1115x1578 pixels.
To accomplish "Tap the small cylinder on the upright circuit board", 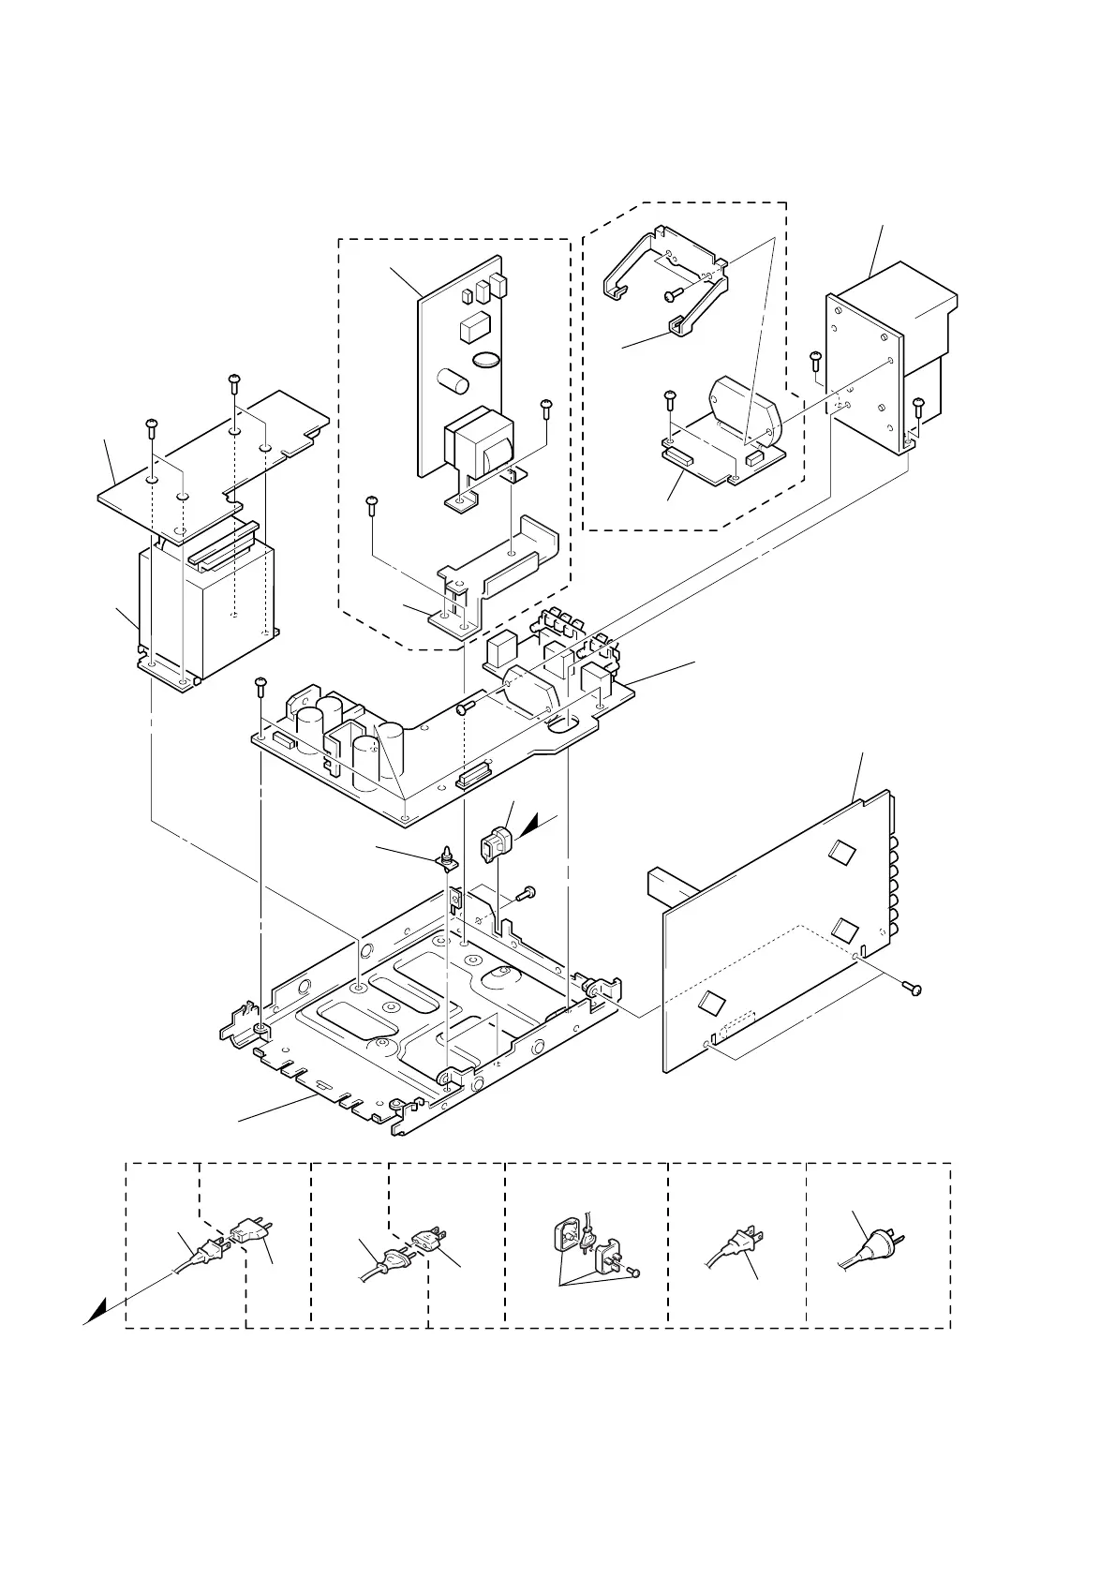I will click(x=454, y=382).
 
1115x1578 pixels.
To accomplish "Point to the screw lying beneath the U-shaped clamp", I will click(x=672, y=294).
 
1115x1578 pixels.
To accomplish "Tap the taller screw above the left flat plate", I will click(x=233, y=384).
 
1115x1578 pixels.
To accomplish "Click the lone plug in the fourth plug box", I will click(x=740, y=1246).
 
